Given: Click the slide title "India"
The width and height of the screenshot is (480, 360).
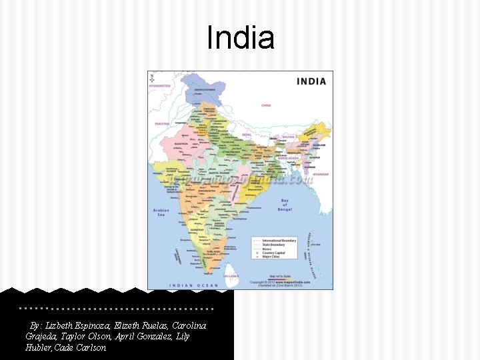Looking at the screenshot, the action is coord(241,38).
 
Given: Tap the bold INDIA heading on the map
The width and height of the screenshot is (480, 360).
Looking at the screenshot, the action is coord(311,81).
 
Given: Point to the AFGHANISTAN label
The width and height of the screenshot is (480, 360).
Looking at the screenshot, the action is coord(160,86).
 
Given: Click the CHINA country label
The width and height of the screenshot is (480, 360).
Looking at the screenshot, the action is coord(266,105).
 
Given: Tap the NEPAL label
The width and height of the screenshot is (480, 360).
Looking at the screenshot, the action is coord(247,134).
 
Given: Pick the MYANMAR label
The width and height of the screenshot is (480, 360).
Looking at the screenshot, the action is coord(321,174).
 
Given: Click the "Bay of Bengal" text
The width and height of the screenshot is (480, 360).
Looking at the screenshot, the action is coord(285,205).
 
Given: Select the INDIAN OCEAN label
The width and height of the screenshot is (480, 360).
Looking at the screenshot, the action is coord(193,285).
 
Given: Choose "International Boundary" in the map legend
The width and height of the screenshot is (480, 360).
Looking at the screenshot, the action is coord(279,240).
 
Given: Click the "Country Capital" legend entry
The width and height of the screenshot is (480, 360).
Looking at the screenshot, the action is coord(273,253).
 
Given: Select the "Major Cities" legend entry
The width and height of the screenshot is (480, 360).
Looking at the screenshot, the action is coord(271,257).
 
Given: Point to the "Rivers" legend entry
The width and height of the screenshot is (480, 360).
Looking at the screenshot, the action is coord(267,249).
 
